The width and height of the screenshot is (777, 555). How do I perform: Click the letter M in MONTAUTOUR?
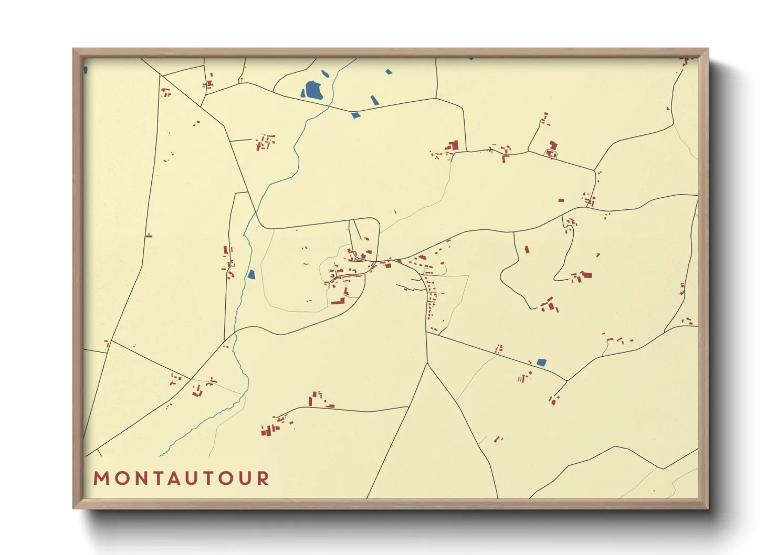coord(100,478)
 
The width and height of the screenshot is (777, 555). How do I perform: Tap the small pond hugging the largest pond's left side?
coord(303,94)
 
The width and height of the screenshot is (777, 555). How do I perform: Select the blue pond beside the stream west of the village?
coord(251,274)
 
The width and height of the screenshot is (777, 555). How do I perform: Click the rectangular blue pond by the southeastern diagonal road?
coord(541,362)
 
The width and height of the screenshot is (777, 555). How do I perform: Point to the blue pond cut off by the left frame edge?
coord(86,69)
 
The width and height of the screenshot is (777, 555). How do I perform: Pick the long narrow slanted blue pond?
coord(374,100)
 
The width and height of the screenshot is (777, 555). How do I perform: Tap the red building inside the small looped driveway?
coord(551,154)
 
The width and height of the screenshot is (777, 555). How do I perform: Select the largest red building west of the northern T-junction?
coord(454,145)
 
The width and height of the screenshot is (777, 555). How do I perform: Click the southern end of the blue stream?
coord(161,455)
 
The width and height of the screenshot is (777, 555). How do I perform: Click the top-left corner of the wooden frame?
coord(73,49)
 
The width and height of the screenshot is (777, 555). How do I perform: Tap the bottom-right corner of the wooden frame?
coord(708,508)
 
